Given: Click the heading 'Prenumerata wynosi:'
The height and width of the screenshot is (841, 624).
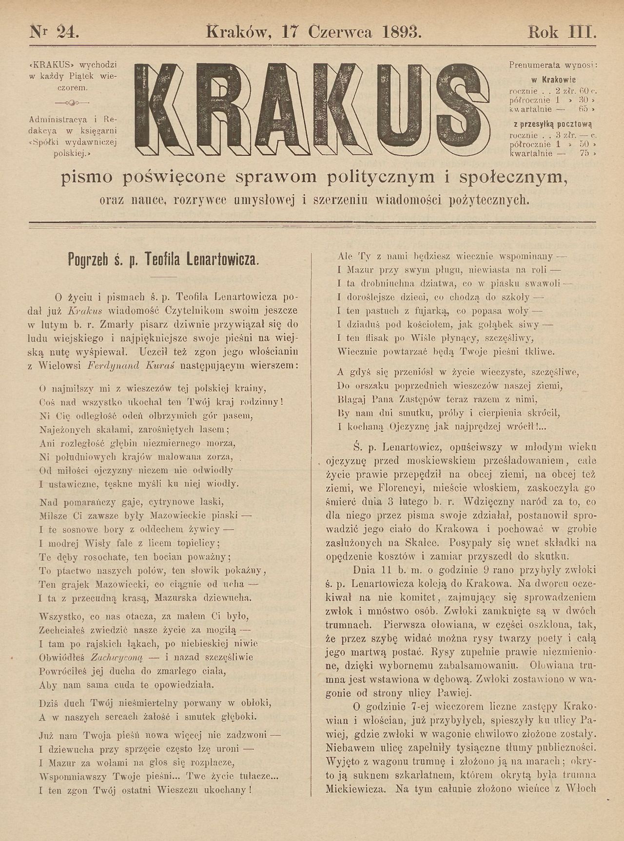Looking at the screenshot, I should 553,64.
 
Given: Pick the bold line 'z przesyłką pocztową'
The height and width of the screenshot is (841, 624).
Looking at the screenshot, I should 553,124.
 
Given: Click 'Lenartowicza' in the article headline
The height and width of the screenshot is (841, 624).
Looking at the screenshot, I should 222,259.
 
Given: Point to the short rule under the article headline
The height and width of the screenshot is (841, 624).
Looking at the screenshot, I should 163,277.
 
